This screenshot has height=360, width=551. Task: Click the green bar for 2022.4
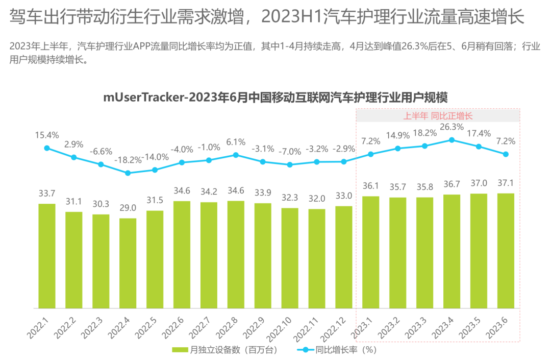pos(128,263)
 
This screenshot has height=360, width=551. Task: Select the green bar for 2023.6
pos(506,251)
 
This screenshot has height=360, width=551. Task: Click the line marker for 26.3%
pos(452,140)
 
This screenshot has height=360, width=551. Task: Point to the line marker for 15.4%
pos(47,148)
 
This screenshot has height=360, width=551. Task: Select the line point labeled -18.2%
pos(128,173)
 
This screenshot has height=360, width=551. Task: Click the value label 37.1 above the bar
pos(506,184)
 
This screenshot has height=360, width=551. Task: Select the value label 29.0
pos(128,209)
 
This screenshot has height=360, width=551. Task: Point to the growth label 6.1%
pos(236,142)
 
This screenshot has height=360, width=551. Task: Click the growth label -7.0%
pos(290,152)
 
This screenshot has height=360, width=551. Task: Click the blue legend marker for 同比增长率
pos(305,350)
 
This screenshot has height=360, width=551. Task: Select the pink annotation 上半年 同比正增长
pos(438,116)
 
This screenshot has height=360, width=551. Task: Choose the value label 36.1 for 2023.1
pos(371,186)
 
